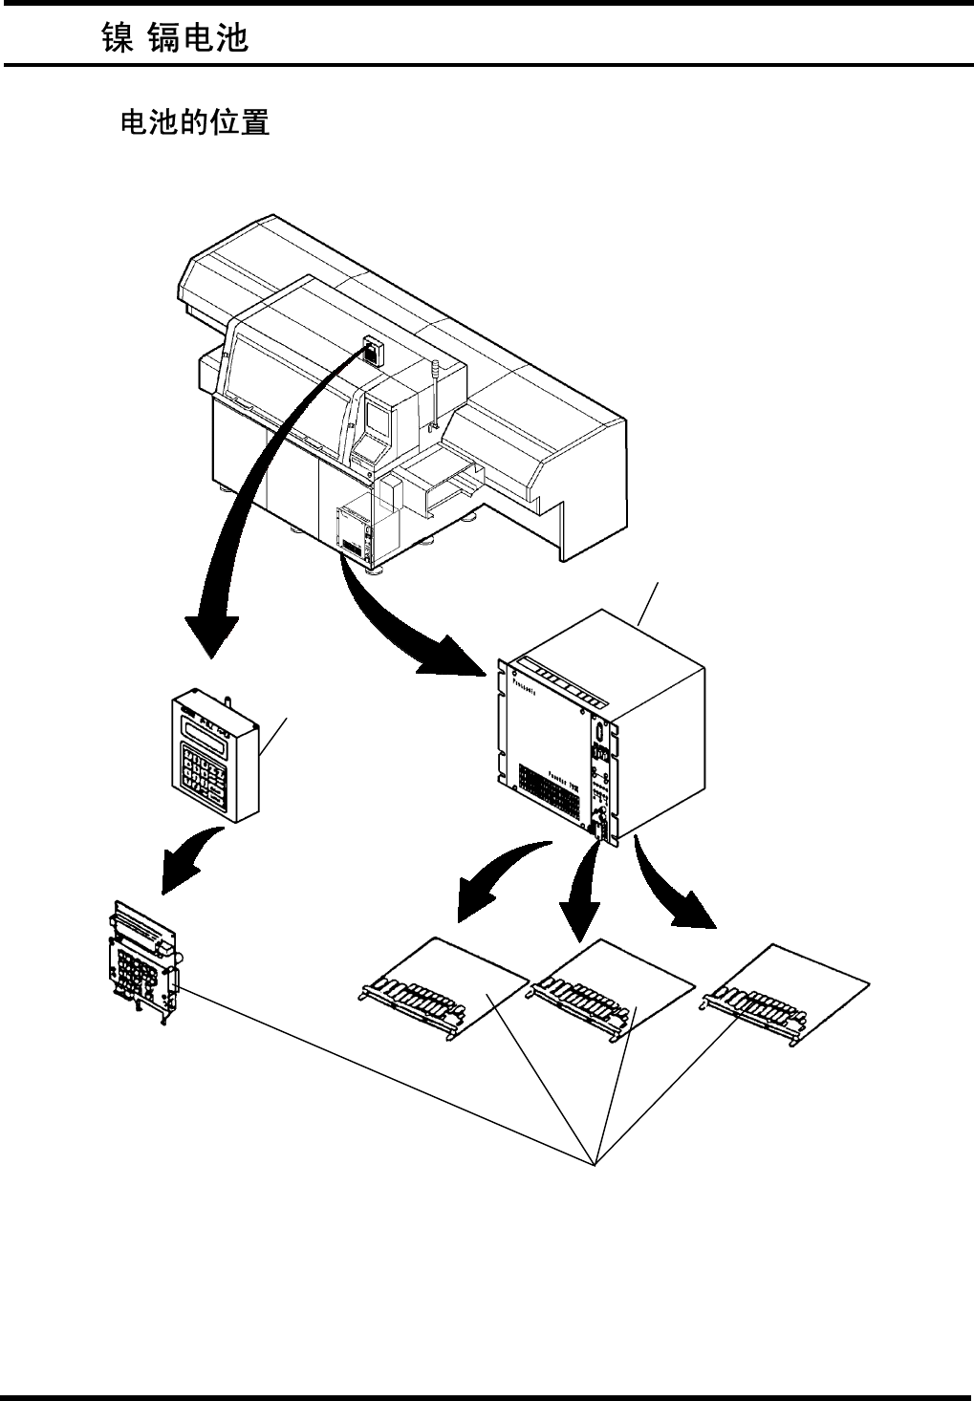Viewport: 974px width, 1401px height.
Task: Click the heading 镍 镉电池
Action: coord(175,38)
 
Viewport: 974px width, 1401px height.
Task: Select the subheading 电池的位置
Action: coord(194,122)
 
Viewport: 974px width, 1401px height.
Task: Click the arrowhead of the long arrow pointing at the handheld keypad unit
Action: coord(211,635)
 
